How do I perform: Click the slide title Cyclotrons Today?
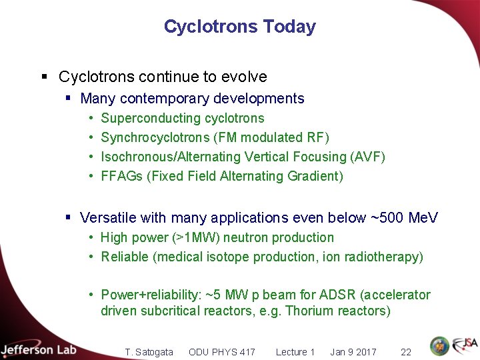239,27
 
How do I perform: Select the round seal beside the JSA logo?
439,346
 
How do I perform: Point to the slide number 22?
405,352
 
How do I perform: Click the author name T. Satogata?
149,352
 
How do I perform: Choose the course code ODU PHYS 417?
221,352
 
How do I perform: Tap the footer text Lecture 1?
295,352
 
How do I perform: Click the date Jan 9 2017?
353,352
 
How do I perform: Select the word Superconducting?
141,119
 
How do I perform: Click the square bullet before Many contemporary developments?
69,99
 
